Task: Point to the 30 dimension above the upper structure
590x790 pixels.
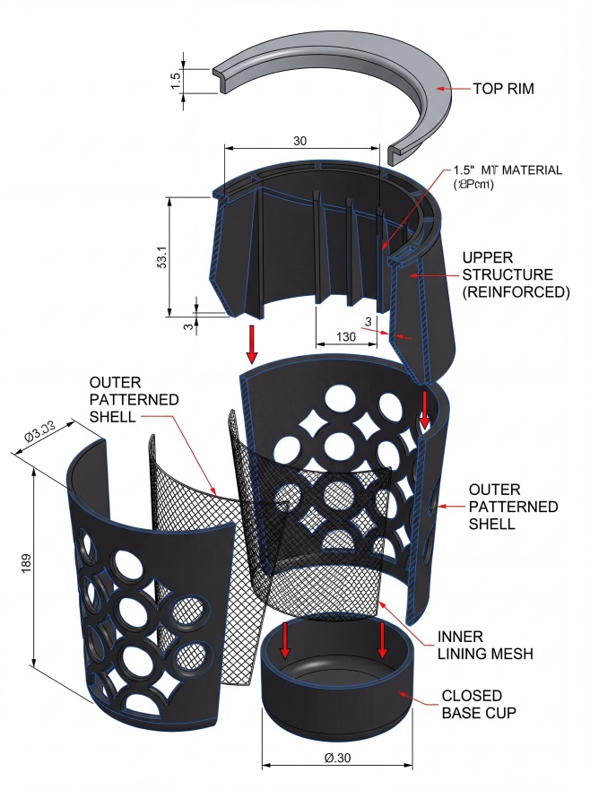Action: (301, 140)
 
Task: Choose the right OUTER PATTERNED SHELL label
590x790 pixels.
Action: (513, 507)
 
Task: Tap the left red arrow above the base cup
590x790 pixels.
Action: (285, 638)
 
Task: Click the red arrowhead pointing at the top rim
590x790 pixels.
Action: (439, 89)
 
